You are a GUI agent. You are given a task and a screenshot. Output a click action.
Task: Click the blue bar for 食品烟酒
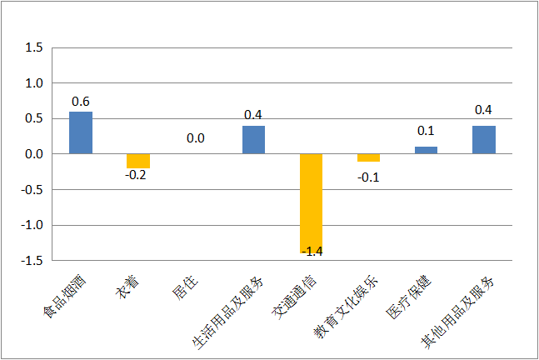[x=81, y=132]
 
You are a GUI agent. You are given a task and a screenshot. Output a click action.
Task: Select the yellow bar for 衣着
[x=138, y=161]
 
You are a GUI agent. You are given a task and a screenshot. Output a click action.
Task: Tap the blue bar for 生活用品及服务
[x=254, y=140]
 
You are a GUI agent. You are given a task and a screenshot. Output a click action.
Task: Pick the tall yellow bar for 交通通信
[x=311, y=203]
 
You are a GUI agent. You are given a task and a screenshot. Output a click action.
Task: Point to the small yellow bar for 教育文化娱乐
[x=368, y=157]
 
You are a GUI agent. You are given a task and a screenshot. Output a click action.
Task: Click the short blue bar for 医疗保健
[x=426, y=150]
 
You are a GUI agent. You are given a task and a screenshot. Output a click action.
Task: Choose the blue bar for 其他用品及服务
[x=484, y=140]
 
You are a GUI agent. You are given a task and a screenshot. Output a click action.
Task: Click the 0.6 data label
[x=81, y=102]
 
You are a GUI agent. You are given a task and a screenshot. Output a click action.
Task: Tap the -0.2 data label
[x=136, y=175]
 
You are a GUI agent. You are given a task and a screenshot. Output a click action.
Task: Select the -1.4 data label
[x=312, y=252]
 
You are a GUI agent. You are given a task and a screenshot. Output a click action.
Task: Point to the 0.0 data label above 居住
[x=196, y=138]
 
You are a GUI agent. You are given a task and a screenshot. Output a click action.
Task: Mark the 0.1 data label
[x=426, y=131]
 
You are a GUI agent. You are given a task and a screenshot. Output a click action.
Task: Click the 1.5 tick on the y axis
[x=34, y=47]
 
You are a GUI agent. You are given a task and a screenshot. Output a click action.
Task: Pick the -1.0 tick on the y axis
[x=32, y=225]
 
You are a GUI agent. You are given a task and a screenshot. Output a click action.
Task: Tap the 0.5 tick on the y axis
[x=34, y=118]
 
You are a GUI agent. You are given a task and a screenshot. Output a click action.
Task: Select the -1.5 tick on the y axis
[x=32, y=261]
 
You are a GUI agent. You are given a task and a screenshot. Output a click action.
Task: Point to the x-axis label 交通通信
[x=294, y=297]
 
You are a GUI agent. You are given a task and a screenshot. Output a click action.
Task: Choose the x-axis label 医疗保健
[x=409, y=297]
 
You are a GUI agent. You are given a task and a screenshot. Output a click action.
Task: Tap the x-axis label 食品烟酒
[x=64, y=297]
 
